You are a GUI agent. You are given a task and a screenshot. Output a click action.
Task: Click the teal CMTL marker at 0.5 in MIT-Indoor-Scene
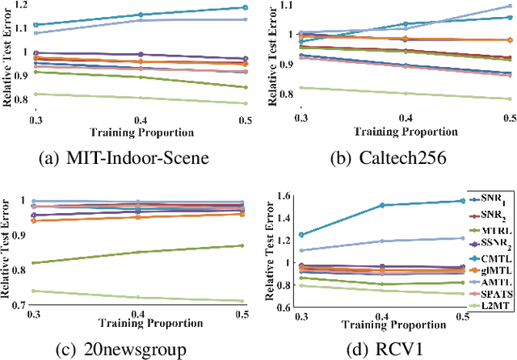(247, 7)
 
